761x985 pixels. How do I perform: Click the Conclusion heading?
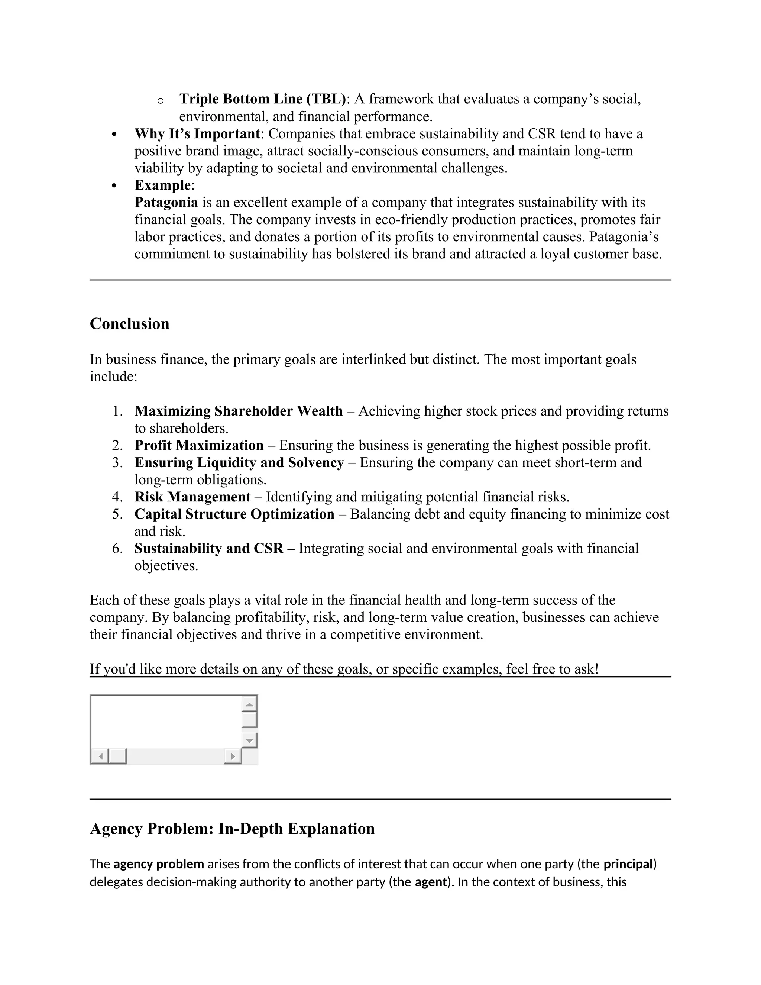(x=129, y=324)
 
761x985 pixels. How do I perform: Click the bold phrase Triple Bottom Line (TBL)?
(x=262, y=99)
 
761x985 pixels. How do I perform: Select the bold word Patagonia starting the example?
(x=166, y=202)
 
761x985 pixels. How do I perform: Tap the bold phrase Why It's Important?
(x=197, y=133)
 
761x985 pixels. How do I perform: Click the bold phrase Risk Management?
(x=192, y=497)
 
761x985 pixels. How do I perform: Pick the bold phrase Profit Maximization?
(x=199, y=446)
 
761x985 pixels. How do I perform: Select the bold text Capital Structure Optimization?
(x=234, y=514)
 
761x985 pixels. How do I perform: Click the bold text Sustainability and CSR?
(x=209, y=548)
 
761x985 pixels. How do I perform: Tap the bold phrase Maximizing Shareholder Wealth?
(x=239, y=411)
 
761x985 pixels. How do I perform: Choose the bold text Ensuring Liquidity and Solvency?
(x=239, y=463)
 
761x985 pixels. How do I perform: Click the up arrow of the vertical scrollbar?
(x=249, y=704)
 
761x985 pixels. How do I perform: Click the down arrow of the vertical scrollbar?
(x=249, y=740)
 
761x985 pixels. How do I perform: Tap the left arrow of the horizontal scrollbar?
(x=100, y=756)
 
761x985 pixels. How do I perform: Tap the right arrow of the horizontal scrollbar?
(x=233, y=756)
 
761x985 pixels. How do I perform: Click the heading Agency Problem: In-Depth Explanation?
(x=232, y=829)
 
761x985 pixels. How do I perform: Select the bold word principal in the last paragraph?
(x=628, y=864)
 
